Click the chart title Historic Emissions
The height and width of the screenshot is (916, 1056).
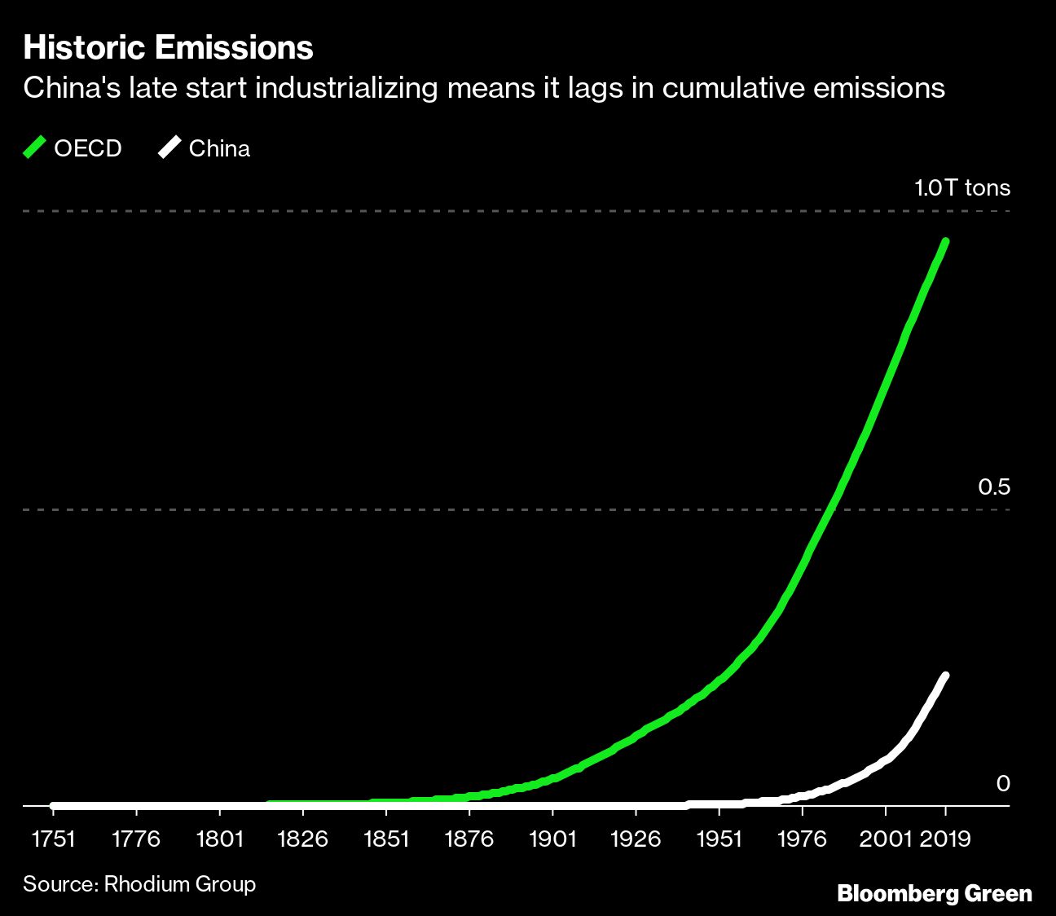point(168,48)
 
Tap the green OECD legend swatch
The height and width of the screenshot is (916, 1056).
point(34,148)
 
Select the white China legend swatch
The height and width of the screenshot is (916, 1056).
point(169,148)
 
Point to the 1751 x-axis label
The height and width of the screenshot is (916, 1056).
point(52,839)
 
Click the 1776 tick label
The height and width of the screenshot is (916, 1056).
point(135,839)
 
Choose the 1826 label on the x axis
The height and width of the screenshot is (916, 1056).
point(302,839)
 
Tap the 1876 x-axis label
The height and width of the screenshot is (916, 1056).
point(469,839)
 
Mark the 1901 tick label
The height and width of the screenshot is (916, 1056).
point(552,839)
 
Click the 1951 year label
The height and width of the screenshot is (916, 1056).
point(719,839)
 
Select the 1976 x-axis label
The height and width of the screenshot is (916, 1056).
point(802,839)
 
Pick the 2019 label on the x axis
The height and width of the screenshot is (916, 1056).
point(945,839)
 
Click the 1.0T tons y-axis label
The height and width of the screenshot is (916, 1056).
point(961,188)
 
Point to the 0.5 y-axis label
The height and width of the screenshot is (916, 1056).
point(993,487)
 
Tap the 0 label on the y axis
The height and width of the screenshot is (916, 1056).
point(1003,784)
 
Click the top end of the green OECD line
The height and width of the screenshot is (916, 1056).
point(945,242)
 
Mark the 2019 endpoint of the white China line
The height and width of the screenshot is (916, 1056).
point(945,676)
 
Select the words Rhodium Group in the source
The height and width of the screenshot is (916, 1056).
point(179,884)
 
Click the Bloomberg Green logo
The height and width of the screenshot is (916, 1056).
point(934,893)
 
